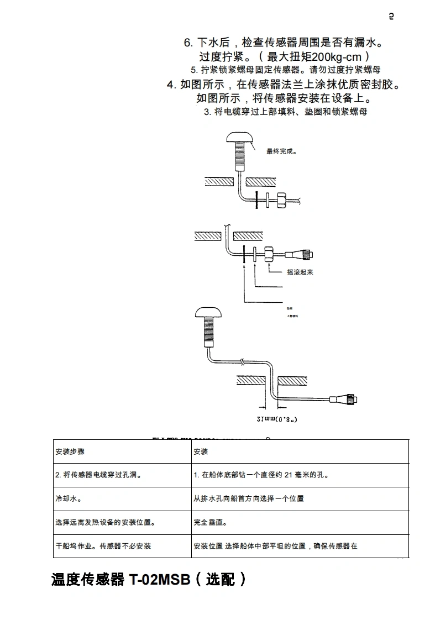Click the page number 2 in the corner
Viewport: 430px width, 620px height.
click(x=391, y=17)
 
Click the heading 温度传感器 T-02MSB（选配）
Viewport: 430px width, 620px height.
click(x=149, y=580)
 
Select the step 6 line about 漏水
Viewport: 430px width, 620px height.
click(x=283, y=43)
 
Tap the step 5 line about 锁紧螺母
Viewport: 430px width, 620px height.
click(x=285, y=70)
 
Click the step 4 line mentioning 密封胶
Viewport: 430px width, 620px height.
click(x=283, y=85)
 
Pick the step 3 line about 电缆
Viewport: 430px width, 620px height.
click(x=285, y=112)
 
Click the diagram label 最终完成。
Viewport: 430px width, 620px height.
click(x=282, y=151)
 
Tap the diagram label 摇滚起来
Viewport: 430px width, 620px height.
click(x=300, y=272)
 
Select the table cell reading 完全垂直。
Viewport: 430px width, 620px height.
click(x=211, y=522)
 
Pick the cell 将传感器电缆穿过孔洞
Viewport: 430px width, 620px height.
click(x=98, y=475)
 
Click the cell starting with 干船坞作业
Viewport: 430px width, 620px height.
click(x=103, y=546)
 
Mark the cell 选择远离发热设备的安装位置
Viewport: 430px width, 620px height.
click(x=106, y=522)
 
